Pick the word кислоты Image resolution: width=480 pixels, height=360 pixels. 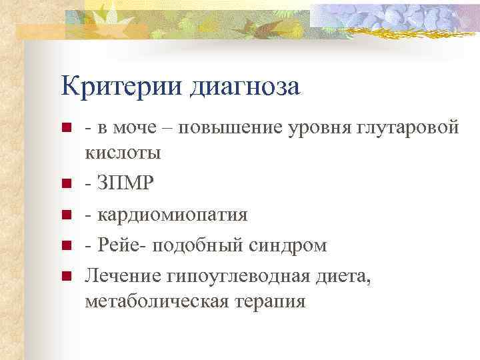click(x=123, y=153)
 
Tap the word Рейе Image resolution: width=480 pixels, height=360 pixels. click(x=118, y=245)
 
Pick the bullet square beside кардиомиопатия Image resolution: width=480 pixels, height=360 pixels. click(x=65, y=215)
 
